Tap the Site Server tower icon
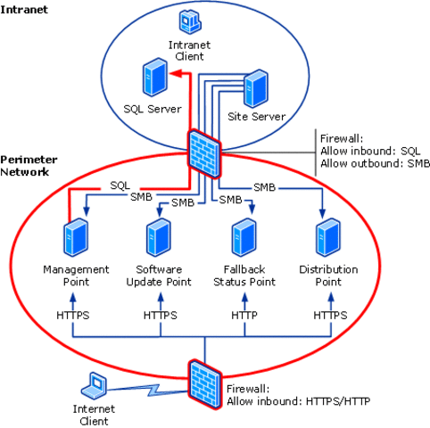click(258, 88)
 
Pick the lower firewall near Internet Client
click(204, 381)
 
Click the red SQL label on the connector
click(120, 185)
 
